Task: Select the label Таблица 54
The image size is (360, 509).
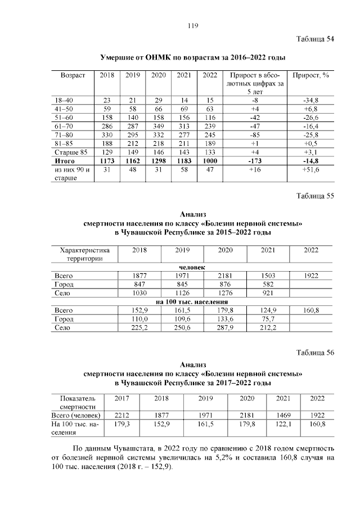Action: (315, 39)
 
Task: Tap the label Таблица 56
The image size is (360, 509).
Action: (315, 353)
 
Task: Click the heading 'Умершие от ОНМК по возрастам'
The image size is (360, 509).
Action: (192, 58)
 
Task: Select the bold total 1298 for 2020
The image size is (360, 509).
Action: (159, 161)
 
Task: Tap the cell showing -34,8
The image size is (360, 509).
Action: (310, 100)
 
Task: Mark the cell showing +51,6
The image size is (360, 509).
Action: (310, 169)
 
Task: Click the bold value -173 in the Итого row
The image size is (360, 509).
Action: (254, 161)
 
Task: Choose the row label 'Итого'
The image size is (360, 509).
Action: (65, 161)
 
